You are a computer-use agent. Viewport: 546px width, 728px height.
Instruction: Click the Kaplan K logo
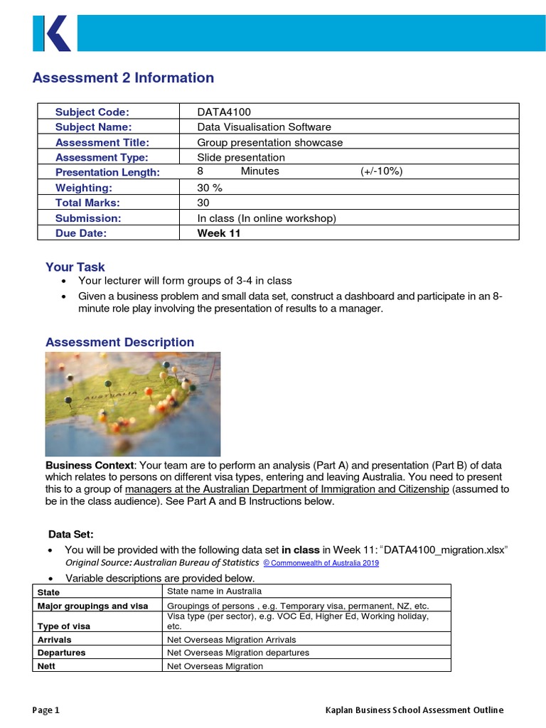click(x=52, y=33)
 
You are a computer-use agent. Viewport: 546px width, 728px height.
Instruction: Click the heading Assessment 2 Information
click(x=123, y=78)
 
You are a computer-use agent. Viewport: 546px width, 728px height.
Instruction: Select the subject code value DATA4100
click(x=224, y=112)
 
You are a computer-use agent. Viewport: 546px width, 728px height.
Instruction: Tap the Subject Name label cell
click(x=94, y=127)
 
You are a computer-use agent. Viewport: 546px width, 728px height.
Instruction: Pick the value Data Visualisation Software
click(x=264, y=127)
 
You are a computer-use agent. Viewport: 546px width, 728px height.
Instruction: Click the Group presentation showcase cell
click(x=269, y=142)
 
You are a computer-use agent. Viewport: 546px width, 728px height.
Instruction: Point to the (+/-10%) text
click(x=381, y=172)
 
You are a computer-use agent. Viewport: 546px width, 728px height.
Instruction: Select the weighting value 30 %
click(x=210, y=188)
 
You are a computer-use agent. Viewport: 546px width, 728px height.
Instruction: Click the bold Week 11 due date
click(x=219, y=233)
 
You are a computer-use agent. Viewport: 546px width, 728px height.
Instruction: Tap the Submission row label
click(x=88, y=218)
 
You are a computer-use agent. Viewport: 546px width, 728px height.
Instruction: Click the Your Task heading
click(x=75, y=267)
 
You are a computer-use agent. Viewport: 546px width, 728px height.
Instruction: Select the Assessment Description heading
click(x=119, y=343)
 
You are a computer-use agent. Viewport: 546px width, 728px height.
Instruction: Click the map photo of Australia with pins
click(x=132, y=404)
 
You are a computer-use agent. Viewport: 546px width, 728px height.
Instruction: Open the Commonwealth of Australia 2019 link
click(x=321, y=563)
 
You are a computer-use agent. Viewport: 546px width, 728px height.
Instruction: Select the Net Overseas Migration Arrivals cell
click(x=231, y=640)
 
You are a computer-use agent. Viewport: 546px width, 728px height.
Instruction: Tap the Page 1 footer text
click(x=46, y=710)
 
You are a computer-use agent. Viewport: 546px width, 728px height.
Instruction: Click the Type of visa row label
click(x=64, y=626)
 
